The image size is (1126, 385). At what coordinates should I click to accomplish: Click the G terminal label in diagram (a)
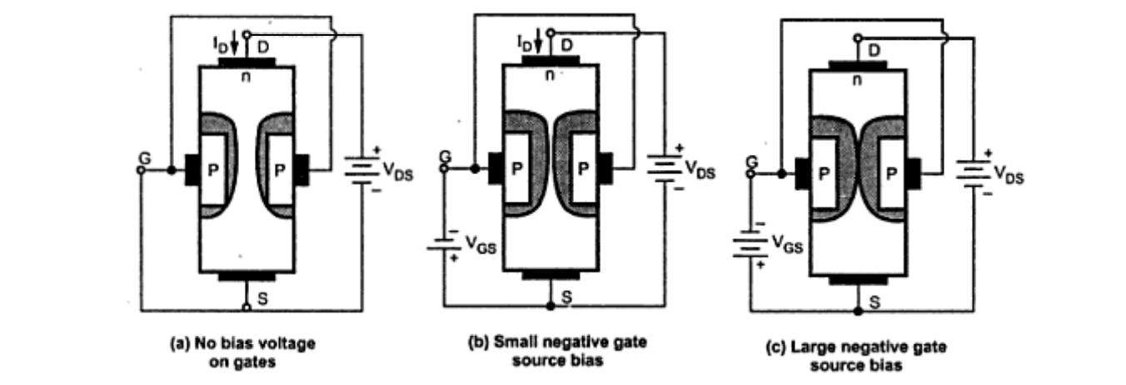pos(145,158)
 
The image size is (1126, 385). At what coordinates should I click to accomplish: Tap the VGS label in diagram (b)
pos(481,245)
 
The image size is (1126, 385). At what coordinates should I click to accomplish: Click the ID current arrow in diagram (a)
pos(234,42)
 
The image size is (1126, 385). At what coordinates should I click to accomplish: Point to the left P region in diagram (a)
pos(212,170)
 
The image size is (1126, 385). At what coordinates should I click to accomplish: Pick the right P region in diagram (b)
pos(583,168)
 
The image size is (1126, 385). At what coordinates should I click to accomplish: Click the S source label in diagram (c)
pos(874,302)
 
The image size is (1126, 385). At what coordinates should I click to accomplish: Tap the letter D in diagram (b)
pos(566,45)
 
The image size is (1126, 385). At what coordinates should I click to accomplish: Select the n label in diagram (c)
pos(858,80)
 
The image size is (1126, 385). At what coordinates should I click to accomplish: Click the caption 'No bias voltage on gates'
pos(243,352)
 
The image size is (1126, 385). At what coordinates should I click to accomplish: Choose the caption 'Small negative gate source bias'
pos(557,352)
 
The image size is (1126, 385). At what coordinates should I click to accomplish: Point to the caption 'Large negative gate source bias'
pos(856,356)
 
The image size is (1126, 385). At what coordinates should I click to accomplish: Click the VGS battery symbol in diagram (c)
pos(750,243)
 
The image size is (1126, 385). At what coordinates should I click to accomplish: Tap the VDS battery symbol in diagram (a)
pos(362,170)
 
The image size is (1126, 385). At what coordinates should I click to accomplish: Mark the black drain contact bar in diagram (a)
pos(247,62)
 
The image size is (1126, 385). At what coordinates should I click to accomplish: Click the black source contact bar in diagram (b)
pos(551,275)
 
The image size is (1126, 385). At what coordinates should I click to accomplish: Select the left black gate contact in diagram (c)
pos(802,173)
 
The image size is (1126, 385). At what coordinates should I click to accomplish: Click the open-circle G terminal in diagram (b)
pos(444,168)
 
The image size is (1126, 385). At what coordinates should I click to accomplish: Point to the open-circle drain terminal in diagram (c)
pos(858,37)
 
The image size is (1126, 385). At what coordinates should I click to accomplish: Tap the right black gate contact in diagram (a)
pos(301,170)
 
